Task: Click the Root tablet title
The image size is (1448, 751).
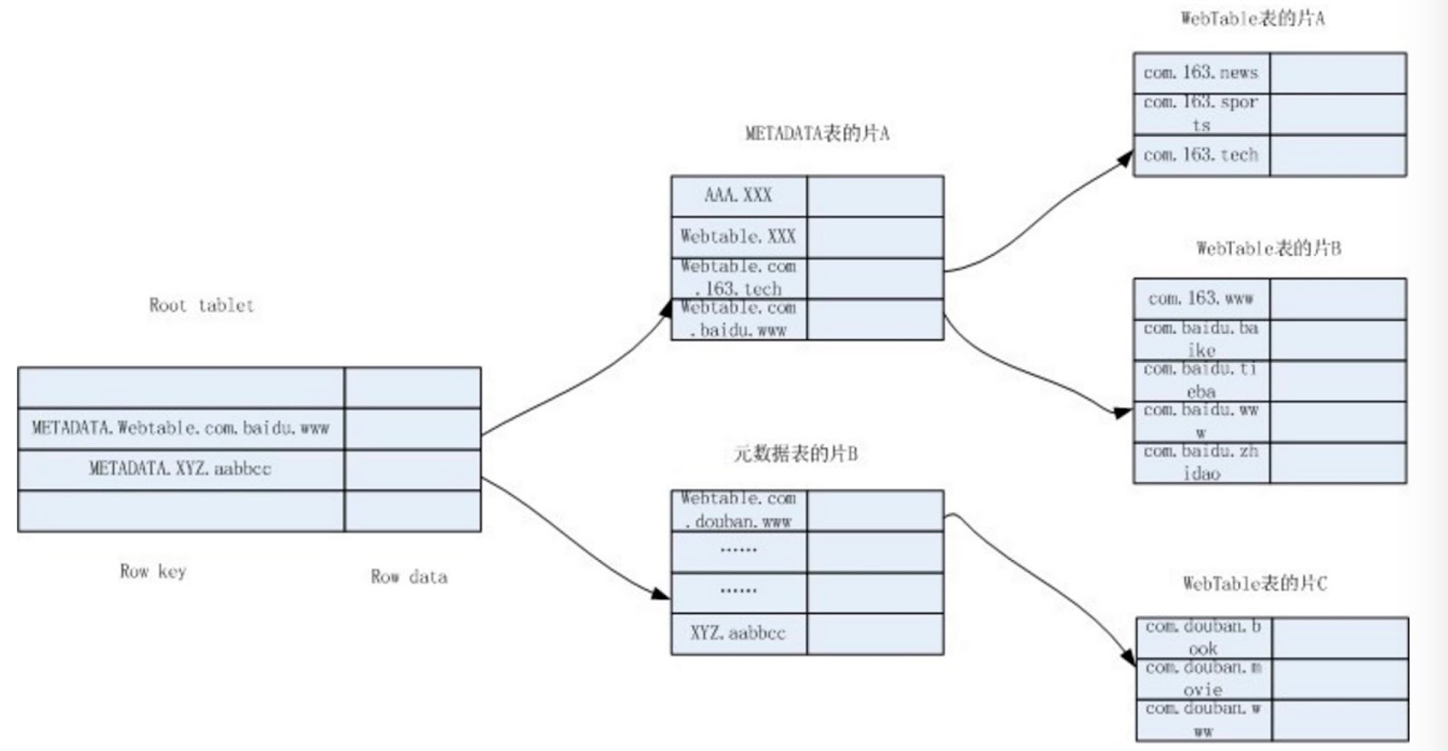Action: [x=201, y=305]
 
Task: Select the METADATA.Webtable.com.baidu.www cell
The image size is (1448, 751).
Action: [x=181, y=428]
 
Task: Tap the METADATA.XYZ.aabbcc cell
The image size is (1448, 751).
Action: [x=181, y=469]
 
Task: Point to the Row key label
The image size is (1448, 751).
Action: [x=153, y=571]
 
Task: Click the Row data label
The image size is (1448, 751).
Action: [x=409, y=576]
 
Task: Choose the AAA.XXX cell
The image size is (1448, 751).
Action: [x=738, y=195]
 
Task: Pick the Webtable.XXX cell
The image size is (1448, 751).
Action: [x=738, y=237]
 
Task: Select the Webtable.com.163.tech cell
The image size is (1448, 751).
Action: [x=738, y=278]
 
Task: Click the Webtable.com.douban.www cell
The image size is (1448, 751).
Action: [x=738, y=510]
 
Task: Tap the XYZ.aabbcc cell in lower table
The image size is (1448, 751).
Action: [x=738, y=633]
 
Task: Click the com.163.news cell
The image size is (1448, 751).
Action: [x=1201, y=72]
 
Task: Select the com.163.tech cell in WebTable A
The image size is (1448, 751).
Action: [x=1201, y=155]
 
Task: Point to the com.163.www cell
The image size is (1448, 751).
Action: [x=1201, y=299]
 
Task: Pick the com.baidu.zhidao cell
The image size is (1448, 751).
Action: [x=1201, y=462]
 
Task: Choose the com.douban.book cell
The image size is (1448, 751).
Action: [x=1204, y=637]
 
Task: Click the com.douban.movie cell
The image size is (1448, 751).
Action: [x=1204, y=679]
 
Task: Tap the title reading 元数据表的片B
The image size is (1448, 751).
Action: [x=795, y=453]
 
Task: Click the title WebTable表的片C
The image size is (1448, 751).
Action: [x=1254, y=584]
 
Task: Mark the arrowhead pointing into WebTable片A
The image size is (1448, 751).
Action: [x=1125, y=159]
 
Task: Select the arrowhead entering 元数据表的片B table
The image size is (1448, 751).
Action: [x=662, y=594]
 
